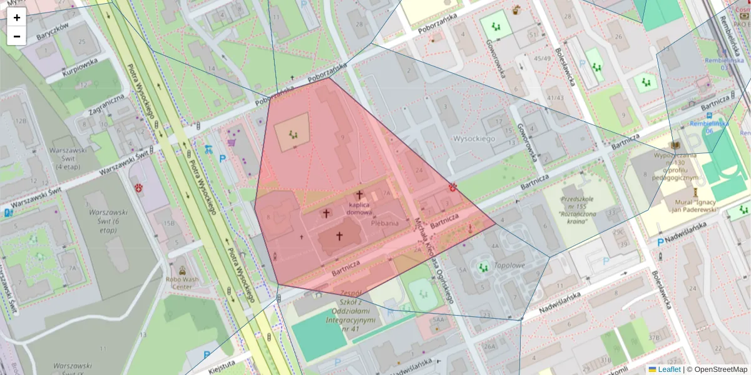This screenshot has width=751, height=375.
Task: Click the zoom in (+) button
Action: [x=17, y=17]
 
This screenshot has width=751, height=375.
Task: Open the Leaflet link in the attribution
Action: [x=668, y=369]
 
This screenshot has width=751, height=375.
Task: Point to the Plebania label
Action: [x=385, y=223]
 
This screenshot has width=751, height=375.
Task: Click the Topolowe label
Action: [x=509, y=265]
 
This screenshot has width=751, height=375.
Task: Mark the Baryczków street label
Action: [x=51, y=31]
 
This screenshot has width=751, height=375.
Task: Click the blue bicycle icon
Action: [x=208, y=149]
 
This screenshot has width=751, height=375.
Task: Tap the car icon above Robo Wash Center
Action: [x=182, y=271]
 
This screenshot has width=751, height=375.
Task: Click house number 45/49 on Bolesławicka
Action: [x=541, y=59]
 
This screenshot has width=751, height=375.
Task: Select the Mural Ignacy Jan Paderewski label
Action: [x=700, y=206]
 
